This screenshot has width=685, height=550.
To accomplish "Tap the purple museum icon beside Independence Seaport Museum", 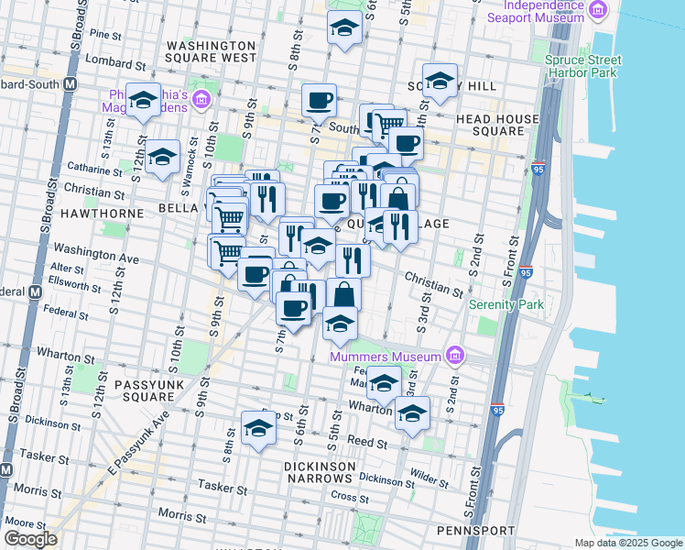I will point(599,10).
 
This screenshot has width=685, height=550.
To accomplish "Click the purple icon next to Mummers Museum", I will point(454,356).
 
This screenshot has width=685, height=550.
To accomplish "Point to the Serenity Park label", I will point(506,304).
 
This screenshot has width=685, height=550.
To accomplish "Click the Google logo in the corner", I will point(30,539).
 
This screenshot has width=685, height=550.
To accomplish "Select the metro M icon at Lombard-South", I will point(69,84).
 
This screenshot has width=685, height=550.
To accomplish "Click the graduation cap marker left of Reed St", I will point(258,427).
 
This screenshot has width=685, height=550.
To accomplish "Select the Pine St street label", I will point(106,34).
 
